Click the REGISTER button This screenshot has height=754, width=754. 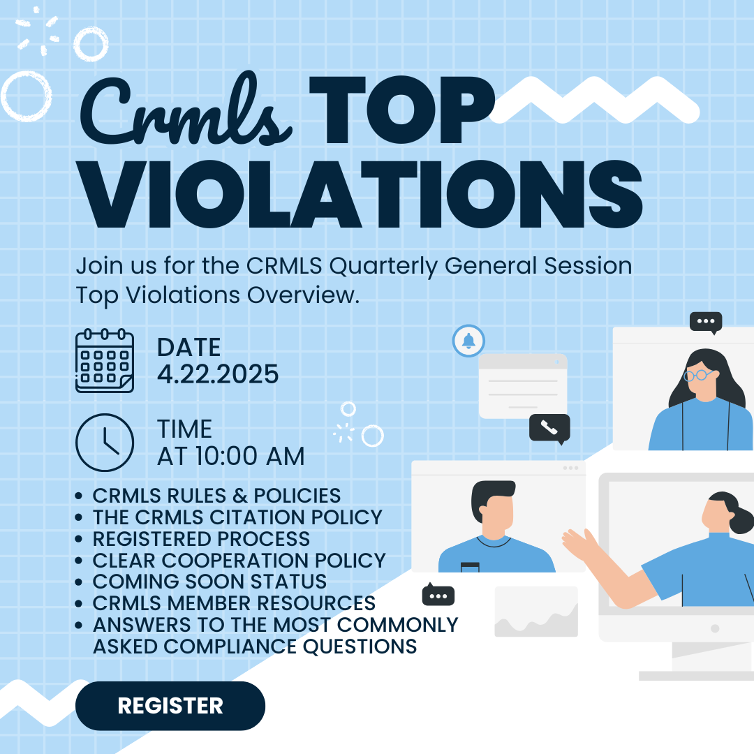(170, 705)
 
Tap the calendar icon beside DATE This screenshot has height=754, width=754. (104, 361)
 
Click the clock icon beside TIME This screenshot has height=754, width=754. (104, 443)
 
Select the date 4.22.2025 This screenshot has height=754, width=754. (218, 374)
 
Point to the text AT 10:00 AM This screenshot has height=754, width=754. (231, 456)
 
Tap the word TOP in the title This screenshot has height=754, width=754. (401, 110)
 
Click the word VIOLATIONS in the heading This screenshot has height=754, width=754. (360, 194)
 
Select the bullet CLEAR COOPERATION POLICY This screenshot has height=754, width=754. (239, 560)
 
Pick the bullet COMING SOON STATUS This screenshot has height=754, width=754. (209, 582)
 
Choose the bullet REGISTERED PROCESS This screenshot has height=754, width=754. (201, 538)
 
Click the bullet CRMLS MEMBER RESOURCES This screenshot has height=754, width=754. (234, 603)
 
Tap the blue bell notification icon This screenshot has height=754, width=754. (468, 341)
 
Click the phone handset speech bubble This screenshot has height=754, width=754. (549, 428)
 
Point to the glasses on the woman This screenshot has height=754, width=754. (699, 375)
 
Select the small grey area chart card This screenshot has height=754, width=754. (536, 611)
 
